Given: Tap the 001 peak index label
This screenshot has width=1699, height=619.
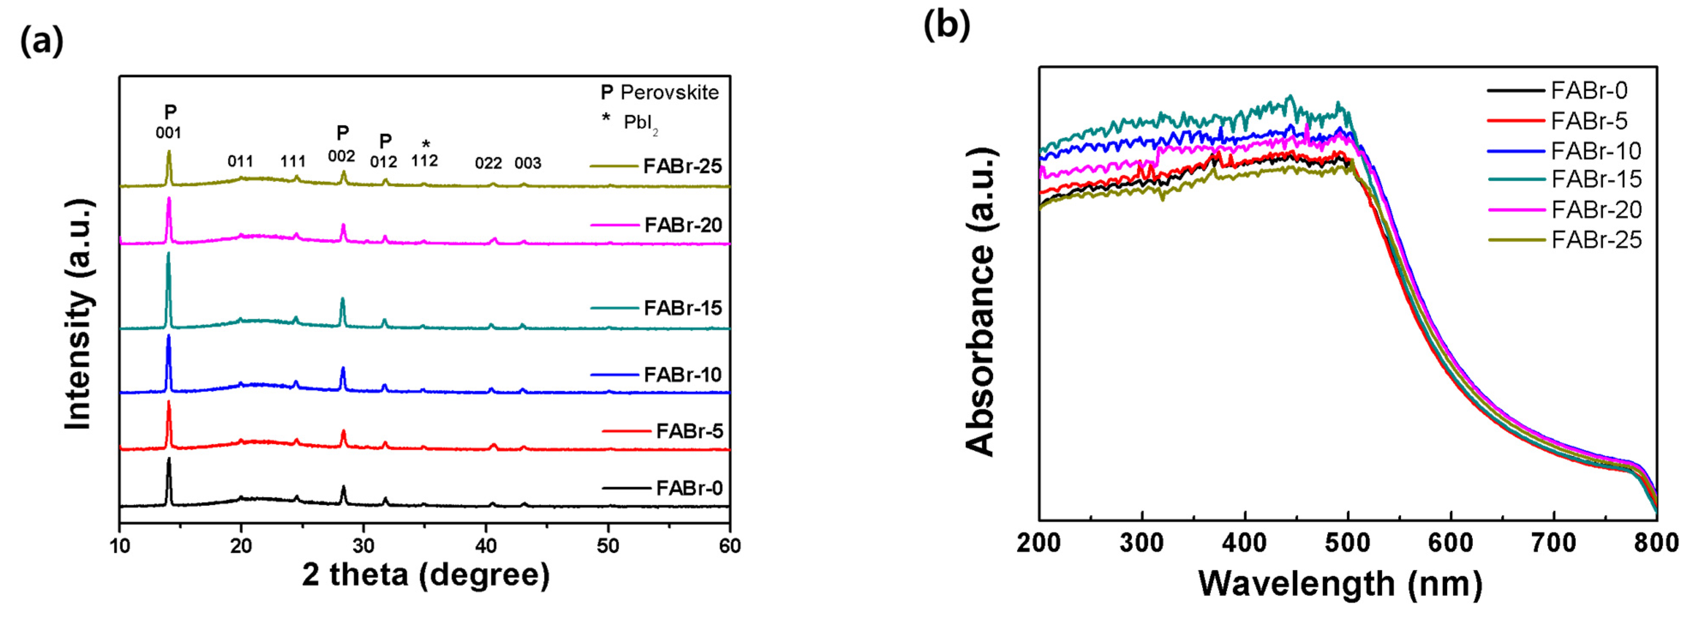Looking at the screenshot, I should pos(168,133).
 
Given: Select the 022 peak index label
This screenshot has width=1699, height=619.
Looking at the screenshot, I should pos(488,163).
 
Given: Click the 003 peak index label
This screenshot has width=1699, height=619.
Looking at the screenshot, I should pos(528,163).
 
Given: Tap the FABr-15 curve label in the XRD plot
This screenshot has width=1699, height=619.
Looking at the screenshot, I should pos(683,308).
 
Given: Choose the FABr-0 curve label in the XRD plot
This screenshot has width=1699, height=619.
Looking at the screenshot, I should pos(689,488).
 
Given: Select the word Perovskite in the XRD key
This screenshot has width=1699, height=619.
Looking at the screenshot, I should pos(669,93).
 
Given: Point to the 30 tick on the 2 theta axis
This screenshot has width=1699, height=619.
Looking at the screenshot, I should pos(364,546).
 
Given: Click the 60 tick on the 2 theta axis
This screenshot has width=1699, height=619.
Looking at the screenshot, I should pos(729,546).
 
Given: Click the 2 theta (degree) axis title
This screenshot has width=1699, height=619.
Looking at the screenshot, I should pos(425,575).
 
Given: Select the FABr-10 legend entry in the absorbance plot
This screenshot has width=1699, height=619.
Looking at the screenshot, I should pos(1595,151).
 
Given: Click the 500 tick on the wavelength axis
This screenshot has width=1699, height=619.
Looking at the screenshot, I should pos(1347,543).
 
